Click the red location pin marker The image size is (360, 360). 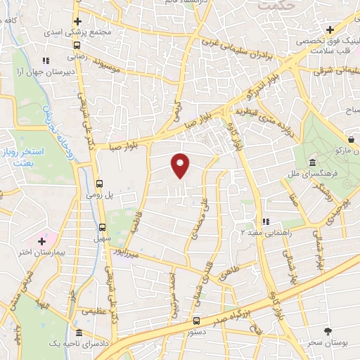tap(181, 166)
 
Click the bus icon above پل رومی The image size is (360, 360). tap(99, 179)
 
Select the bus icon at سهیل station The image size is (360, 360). tap(103, 226)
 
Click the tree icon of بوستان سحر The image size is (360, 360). tap(328, 330)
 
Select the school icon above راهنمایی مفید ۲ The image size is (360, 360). tap(265, 223)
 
